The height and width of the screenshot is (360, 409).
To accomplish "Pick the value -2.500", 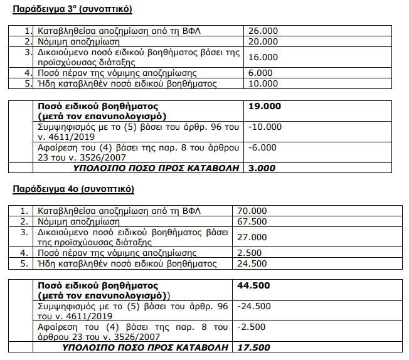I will pyautogui.click(x=252, y=327).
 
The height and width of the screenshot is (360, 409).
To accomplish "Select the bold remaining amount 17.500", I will pyautogui.click(x=253, y=347).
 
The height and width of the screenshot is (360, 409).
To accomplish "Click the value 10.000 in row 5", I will pyautogui.click(x=262, y=84).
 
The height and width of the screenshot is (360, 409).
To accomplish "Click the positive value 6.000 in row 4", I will pyautogui.click(x=260, y=73).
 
